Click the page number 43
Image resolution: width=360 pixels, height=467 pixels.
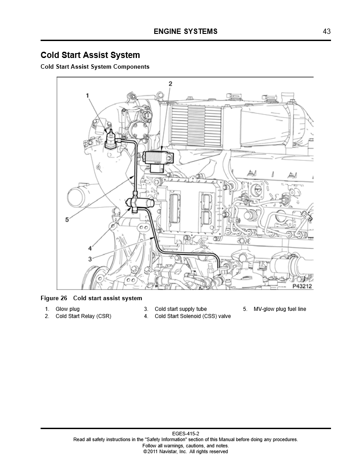327,31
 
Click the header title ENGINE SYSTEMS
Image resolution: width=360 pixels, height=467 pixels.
186,31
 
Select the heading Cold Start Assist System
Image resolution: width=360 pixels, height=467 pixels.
90,55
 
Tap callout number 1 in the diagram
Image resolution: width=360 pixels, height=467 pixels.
88,95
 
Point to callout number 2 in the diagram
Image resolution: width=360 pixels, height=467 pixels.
170,83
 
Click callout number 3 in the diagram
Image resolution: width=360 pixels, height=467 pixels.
90,258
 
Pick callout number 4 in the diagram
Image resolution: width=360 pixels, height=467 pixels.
90,248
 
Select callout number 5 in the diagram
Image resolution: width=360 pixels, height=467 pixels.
67,219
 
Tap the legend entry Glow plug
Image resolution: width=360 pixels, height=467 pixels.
67,309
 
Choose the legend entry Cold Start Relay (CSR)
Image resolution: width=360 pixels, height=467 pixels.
83,317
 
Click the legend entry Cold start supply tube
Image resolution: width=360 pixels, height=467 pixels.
181,309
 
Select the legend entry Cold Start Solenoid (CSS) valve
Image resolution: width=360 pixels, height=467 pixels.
193,317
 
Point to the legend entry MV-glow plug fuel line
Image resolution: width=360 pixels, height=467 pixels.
280,309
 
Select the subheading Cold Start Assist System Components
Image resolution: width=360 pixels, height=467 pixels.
95,67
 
